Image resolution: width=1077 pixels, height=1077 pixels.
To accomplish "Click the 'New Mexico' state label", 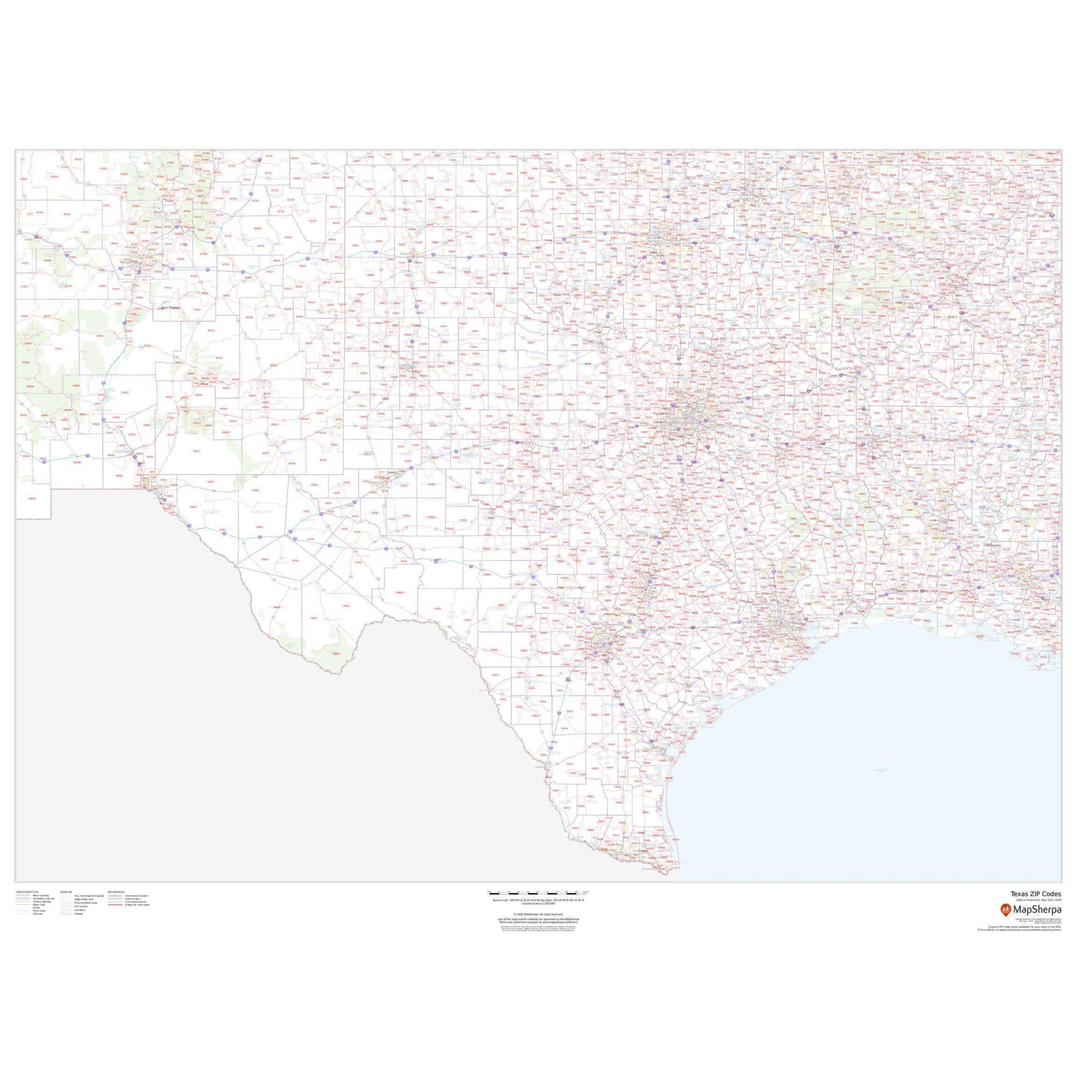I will (x=171, y=308).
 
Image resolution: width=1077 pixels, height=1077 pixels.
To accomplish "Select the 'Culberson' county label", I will (x=261, y=512).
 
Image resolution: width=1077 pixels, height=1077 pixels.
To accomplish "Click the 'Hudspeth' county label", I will (x=211, y=512).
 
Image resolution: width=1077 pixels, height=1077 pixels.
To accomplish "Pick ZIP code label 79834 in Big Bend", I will (x=337, y=654).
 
